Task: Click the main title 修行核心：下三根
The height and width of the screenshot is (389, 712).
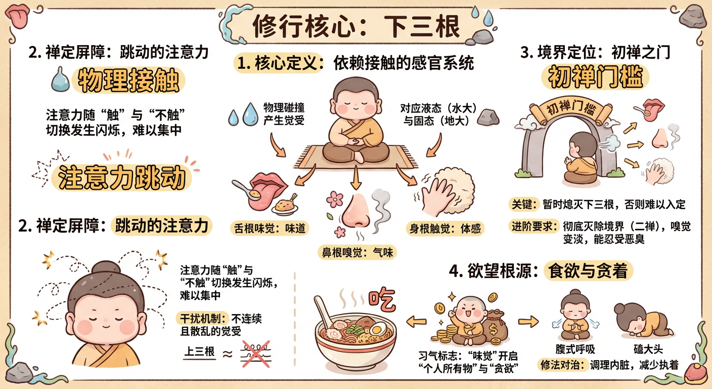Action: click(356, 26)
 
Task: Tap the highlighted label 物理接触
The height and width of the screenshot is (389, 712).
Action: click(127, 81)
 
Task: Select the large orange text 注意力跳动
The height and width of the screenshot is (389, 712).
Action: click(122, 178)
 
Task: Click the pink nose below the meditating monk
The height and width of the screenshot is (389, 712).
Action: click(356, 210)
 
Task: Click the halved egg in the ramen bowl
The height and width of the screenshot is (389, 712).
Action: click(377, 330)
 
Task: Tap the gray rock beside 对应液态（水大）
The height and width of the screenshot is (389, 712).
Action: click(488, 117)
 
